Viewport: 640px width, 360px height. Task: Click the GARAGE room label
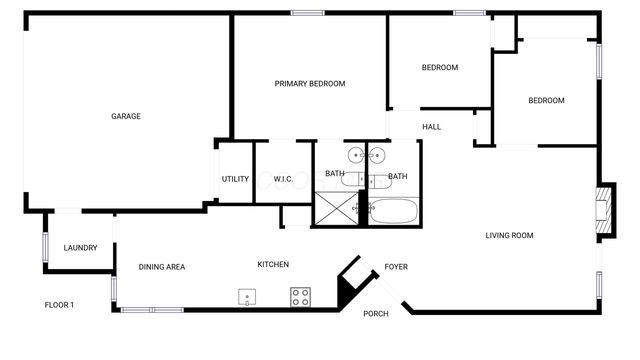pos(125,116)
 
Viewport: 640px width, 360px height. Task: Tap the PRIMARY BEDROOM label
pos(310,84)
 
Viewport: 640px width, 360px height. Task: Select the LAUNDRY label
pos(80,247)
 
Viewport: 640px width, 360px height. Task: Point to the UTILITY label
pos(235,179)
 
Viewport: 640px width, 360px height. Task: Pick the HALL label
pos(431,127)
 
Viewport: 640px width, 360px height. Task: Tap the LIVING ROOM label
pos(509,236)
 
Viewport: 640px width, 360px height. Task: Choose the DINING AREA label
pos(162,266)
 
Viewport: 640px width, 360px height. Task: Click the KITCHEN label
pos(273,265)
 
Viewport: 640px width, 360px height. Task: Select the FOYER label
pos(396,267)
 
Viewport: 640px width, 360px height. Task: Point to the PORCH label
pos(376,313)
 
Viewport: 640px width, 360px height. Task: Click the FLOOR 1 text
pos(59,305)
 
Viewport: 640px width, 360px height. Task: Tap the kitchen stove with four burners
pos(300,297)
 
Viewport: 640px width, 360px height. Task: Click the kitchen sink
pos(247,297)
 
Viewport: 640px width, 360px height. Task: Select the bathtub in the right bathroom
pos(392,212)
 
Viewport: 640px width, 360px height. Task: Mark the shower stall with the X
pos(338,207)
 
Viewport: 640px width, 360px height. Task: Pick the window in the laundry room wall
pos(44,248)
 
